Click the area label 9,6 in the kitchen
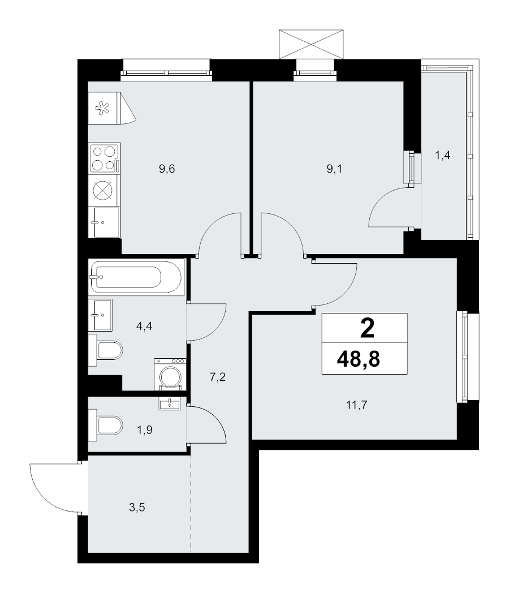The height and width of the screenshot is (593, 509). [167, 169]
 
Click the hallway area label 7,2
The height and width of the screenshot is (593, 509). [218, 377]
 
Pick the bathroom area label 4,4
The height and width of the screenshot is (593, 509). [146, 326]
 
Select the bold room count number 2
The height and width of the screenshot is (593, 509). [366, 328]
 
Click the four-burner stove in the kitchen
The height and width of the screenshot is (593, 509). [104, 158]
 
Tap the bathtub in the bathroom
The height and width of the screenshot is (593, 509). [136, 277]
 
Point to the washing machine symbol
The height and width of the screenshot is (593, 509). [170, 374]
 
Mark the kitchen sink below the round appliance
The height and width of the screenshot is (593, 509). [104, 222]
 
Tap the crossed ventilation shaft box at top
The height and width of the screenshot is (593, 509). [312, 44]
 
